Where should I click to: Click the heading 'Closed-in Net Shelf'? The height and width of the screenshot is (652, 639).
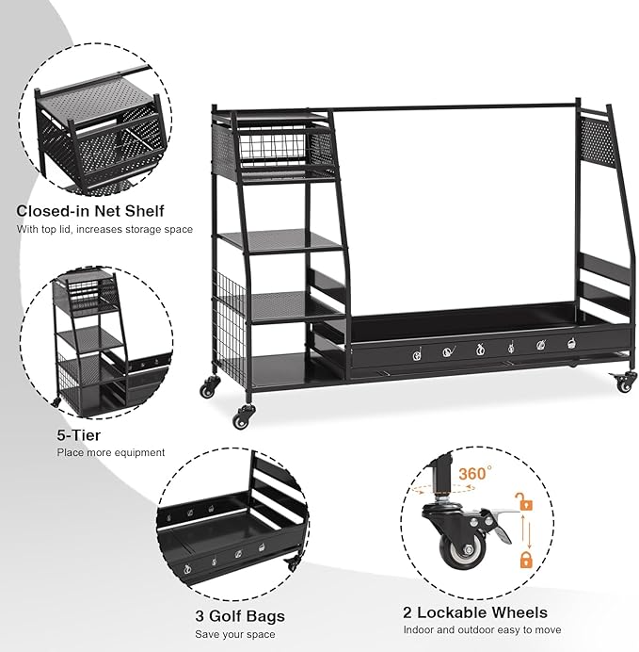90,211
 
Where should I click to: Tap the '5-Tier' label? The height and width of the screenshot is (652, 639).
79,435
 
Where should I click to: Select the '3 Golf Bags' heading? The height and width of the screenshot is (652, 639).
240,616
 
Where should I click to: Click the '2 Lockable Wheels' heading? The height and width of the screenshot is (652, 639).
475,612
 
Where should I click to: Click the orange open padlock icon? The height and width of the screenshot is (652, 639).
524,501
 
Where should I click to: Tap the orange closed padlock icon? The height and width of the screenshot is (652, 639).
526,560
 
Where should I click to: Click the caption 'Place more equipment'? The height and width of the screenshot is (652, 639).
111,452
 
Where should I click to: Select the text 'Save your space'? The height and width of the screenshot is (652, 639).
235,634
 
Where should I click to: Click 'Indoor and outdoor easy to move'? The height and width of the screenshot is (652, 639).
482,630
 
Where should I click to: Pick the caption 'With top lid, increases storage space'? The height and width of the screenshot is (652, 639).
104,229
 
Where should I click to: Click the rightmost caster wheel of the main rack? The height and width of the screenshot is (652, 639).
624,383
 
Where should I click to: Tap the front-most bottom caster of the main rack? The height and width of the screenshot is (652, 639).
243,416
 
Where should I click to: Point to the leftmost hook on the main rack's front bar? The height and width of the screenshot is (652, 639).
417,354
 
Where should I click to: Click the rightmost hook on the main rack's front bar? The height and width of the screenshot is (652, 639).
572,343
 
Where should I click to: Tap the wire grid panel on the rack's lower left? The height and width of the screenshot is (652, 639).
231,319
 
